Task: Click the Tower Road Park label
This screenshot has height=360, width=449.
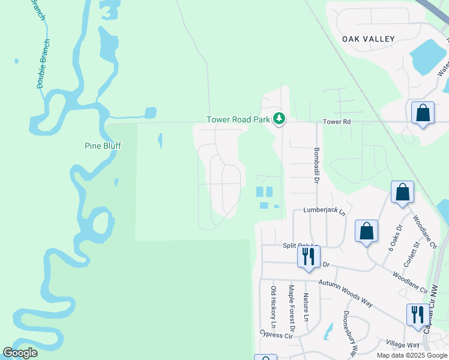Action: coord(238,119)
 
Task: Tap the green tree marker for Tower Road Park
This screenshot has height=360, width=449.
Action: coord(279,119)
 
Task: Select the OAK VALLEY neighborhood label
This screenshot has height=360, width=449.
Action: coord(369,39)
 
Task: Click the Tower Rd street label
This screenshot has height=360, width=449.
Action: coord(336,122)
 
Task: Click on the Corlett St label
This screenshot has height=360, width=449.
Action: coord(414,252)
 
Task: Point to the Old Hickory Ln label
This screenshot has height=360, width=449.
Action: coord(273,307)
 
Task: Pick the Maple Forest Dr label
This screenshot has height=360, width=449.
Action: coord(291,308)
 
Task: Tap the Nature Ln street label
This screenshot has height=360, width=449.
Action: coord(306,306)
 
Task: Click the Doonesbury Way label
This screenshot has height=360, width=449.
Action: coord(350,333)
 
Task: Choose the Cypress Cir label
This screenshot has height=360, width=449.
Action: coord(276,334)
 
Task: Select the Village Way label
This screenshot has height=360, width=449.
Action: coord(402,344)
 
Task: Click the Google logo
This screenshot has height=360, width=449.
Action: coord(20,353)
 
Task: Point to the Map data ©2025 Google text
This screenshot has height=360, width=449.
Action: coord(411,355)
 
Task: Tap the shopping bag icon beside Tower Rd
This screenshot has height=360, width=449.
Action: coord(423,113)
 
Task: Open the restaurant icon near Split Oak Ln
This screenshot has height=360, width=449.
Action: coord(307,257)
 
